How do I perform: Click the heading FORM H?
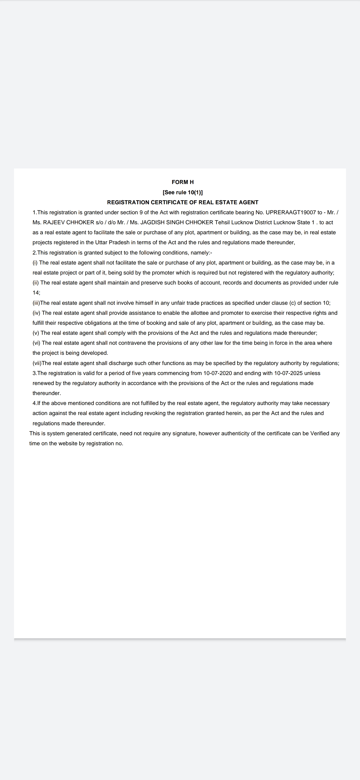182,182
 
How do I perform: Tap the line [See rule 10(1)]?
182,192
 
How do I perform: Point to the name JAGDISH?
152,222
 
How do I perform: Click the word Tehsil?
222,222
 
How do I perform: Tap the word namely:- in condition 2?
201,252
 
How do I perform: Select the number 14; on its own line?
36,292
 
